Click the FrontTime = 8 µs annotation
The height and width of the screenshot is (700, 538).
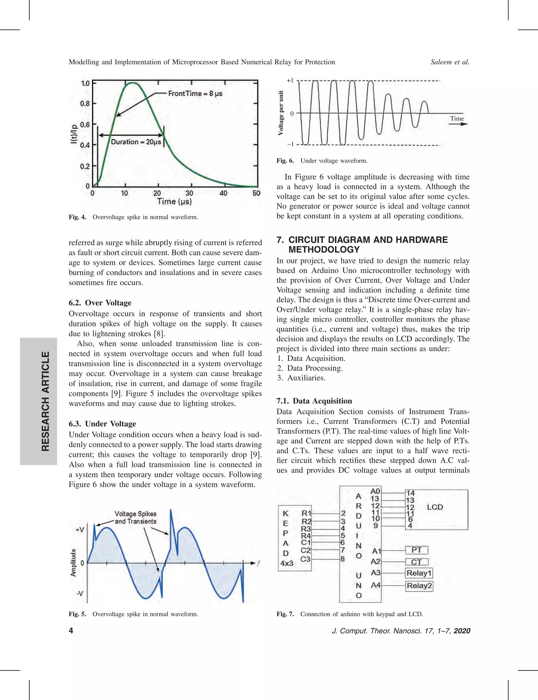click(195, 93)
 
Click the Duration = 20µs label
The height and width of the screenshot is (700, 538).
click(136, 142)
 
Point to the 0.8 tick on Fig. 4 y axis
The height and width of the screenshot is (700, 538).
click(85, 104)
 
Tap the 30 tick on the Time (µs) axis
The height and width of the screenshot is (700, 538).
click(189, 193)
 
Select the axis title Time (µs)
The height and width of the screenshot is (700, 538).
click(174, 202)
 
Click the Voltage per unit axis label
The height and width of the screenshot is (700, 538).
click(281, 113)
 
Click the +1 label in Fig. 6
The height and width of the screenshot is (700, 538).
click(290, 81)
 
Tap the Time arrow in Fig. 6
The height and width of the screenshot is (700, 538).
click(458, 124)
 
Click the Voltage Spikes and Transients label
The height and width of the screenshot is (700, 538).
click(136, 518)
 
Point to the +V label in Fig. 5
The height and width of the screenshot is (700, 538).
click(80, 530)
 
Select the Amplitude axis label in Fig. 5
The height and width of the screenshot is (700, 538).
click(73, 563)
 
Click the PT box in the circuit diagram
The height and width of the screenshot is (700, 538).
click(416, 550)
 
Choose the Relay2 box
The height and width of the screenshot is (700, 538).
click(419, 586)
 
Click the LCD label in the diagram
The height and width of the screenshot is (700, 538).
click(434, 507)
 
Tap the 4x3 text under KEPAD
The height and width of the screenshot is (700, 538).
click(287, 563)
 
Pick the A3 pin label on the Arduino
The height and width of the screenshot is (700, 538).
click(376, 573)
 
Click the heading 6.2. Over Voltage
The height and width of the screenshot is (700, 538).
click(100, 303)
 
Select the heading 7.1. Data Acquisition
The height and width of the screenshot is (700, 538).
click(314, 401)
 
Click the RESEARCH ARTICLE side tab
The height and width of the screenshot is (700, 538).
click(45, 401)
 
